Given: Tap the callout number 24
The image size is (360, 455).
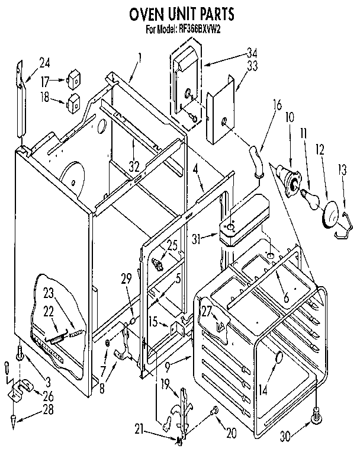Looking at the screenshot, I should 44,62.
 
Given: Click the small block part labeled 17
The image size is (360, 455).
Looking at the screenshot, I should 74,78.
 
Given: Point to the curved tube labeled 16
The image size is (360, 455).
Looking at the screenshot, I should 256,161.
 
